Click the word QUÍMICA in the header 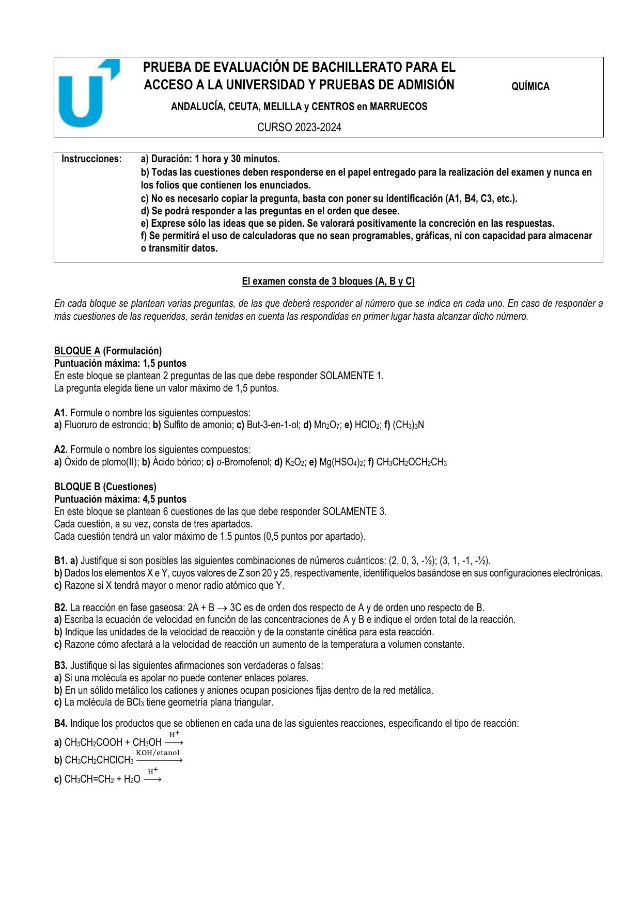tap(530, 87)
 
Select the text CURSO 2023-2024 tap(299, 128)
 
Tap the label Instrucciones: tap(91, 159)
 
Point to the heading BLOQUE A tap(77, 351)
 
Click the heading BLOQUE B tap(77, 487)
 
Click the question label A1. tap(60, 413)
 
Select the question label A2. tap(60, 450)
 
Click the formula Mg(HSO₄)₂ tap(341, 462)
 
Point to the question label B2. tap(60, 608)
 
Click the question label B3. tap(60, 666)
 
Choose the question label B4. tap(60, 724)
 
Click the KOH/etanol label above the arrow tap(158, 753)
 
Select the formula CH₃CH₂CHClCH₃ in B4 tap(99, 761)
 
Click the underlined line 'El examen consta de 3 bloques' tap(329, 282)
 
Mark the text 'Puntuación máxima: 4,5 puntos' tap(120, 499)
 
